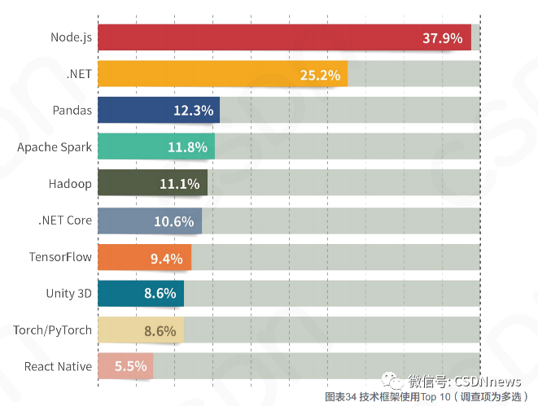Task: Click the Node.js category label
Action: click(70, 37)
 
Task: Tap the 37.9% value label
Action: click(442, 38)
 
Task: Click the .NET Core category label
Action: click(65, 220)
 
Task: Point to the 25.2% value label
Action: click(319, 75)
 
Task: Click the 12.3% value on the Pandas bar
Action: click(193, 111)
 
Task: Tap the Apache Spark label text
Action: click(55, 147)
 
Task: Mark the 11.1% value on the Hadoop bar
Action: click(179, 184)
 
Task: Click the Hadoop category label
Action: click(70, 184)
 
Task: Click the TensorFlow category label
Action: click(60, 257)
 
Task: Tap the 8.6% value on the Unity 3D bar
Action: click(160, 294)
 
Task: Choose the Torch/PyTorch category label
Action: click(52, 330)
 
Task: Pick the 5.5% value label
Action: click(130, 367)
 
